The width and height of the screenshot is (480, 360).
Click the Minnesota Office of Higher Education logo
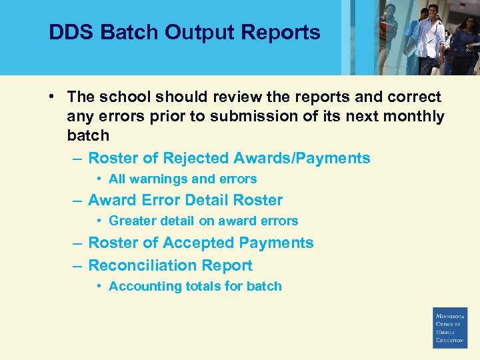coord(450,327)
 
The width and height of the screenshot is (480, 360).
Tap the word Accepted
coord(199,243)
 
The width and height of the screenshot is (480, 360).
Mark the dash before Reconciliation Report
coord(77,265)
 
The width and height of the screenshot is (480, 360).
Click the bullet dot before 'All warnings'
coord(99,179)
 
